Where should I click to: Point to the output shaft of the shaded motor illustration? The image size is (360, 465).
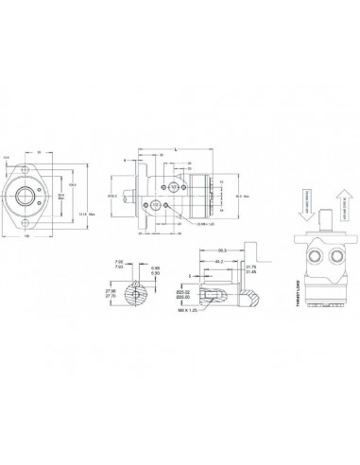click(327, 219)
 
